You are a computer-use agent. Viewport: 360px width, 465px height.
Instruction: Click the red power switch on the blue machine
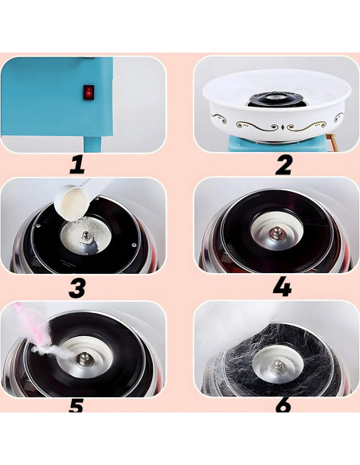pos(88,92)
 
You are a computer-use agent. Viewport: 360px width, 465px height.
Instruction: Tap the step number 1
pos(77,165)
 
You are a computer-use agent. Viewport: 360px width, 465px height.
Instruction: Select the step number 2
pos(284,165)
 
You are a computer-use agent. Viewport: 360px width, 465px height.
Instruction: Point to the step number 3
pos(76,287)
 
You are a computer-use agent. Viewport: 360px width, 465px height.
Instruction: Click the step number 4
pos(282,287)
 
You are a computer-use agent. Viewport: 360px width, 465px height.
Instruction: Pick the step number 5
pos(76,406)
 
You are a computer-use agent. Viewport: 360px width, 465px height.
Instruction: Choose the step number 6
pos(284,405)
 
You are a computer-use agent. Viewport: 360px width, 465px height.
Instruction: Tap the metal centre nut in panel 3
pos(86,236)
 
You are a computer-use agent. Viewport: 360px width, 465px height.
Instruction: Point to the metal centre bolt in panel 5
pos(83,358)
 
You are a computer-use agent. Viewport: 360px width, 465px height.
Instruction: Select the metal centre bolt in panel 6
pos(277,367)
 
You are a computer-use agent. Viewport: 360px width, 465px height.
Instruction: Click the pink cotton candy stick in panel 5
pos(35,328)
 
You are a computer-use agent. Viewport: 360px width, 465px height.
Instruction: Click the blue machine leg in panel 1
pos(93,144)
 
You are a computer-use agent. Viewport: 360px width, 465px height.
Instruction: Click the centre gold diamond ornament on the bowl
pos(283,127)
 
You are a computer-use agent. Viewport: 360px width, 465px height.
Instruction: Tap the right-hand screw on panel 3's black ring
pos(134,245)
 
